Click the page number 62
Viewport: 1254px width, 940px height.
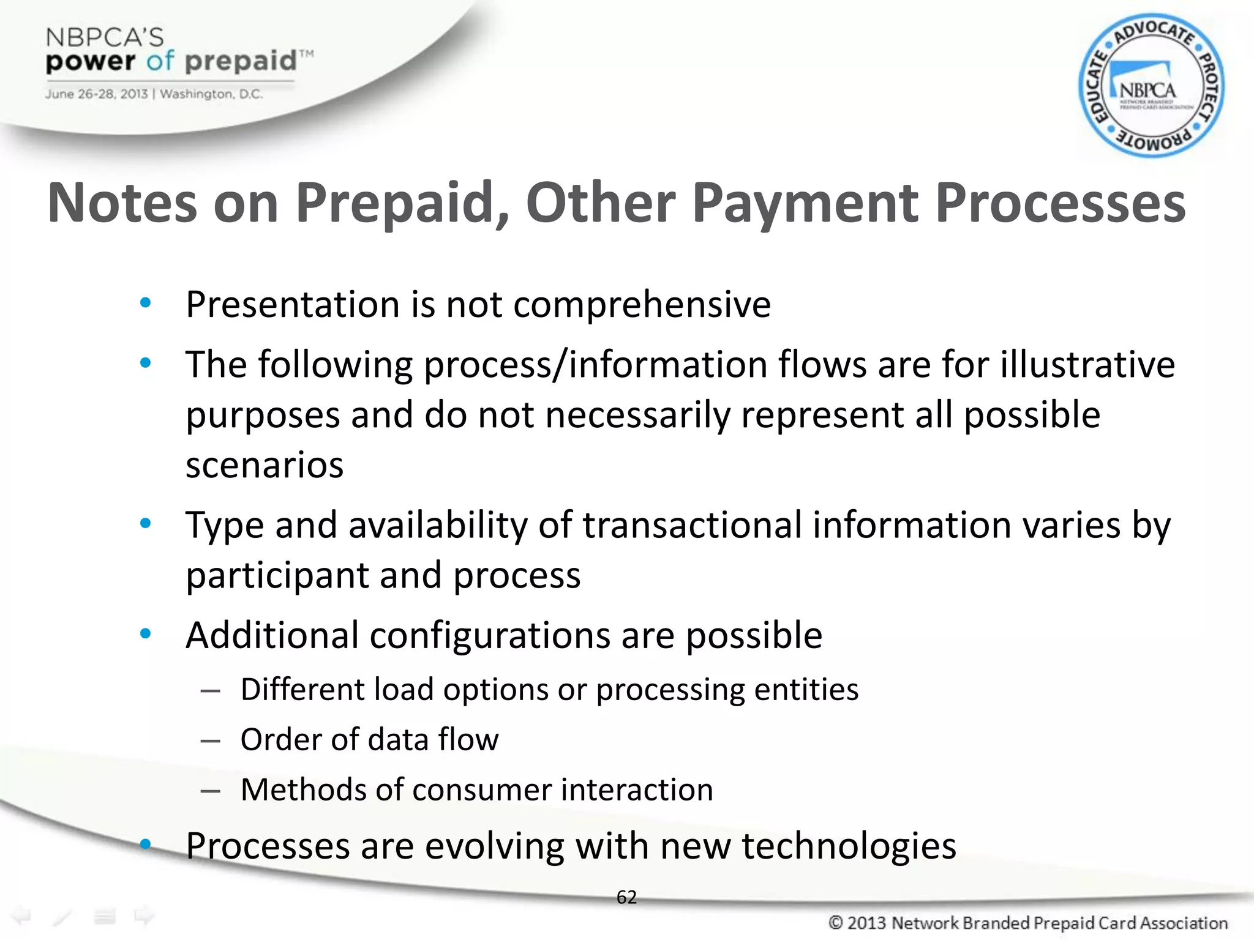pyautogui.click(x=626, y=897)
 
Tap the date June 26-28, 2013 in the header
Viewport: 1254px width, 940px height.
pyautogui.click(x=96, y=94)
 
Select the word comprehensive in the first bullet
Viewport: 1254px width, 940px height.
pyautogui.click(x=642, y=305)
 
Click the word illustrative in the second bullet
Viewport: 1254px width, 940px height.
pyautogui.click(x=1087, y=365)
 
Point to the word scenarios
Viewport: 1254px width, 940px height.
pyautogui.click(x=265, y=465)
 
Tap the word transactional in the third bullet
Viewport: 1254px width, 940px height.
pyautogui.click(x=692, y=525)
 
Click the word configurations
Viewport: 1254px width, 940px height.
pyautogui.click(x=490, y=635)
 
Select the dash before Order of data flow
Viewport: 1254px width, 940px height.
pyautogui.click(x=210, y=741)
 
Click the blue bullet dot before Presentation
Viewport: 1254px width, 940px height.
pyautogui.click(x=145, y=303)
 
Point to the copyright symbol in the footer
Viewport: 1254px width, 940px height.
pyautogui.click(x=836, y=923)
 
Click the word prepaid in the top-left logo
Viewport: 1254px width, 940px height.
pyautogui.click(x=241, y=62)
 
